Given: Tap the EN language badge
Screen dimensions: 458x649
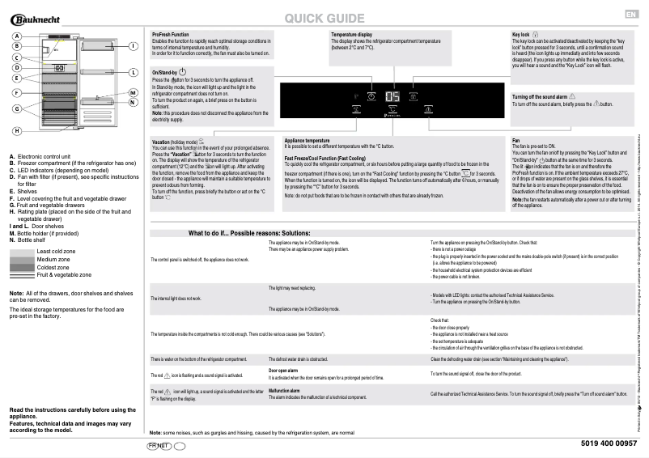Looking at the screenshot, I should (x=630, y=15).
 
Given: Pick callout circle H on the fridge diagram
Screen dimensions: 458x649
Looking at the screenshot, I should (x=16, y=130).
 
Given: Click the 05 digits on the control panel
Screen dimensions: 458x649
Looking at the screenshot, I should (x=392, y=96).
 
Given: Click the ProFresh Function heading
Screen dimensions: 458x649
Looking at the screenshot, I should (x=171, y=35).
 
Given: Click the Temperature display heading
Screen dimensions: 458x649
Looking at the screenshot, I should (x=352, y=35).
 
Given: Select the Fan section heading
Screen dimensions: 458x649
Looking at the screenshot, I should (x=516, y=139).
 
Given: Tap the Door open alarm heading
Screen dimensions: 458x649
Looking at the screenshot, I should (x=284, y=370).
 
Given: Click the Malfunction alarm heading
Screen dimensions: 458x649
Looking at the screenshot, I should (x=284, y=390).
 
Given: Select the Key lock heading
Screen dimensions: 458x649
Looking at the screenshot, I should (x=521, y=35).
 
